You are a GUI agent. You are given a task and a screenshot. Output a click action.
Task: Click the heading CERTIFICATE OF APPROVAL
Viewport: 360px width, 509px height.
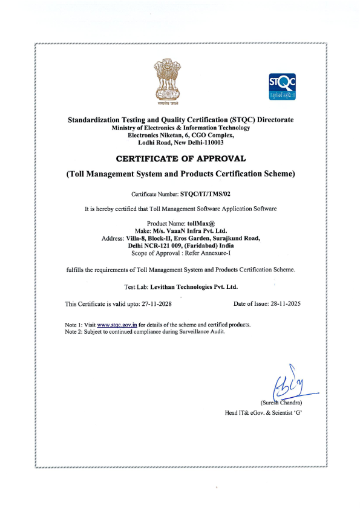coord(180,158)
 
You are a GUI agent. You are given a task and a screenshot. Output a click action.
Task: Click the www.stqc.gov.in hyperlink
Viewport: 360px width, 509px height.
coord(117,325)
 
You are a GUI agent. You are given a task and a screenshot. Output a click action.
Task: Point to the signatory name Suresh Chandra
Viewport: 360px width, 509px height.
coord(281,403)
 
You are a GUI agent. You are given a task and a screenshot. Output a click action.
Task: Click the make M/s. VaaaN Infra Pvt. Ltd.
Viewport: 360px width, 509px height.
coord(188,231)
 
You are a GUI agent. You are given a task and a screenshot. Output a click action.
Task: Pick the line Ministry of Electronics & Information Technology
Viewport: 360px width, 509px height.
coord(180,128)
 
